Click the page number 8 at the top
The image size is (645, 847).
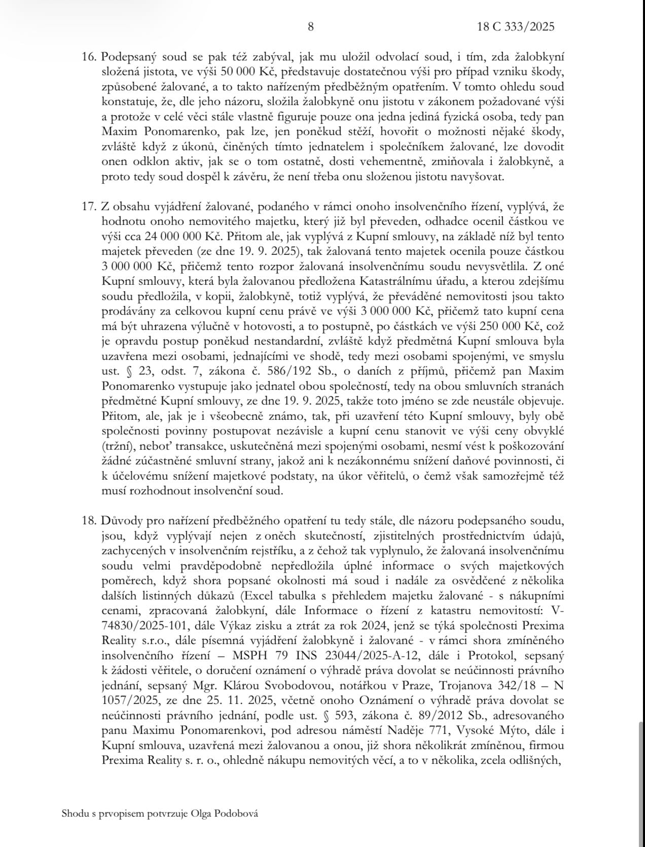[x=311, y=27]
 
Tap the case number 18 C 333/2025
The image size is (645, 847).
[x=516, y=27]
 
